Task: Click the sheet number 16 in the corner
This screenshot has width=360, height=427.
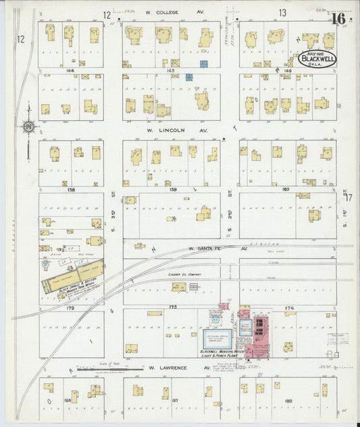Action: click(338, 18)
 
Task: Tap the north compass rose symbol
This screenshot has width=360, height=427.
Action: click(29, 126)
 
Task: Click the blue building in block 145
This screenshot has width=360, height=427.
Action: click(189, 78)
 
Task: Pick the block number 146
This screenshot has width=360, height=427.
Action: click(287, 70)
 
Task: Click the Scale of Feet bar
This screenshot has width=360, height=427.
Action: click(101, 370)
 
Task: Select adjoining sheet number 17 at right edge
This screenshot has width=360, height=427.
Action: click(349, 197)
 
